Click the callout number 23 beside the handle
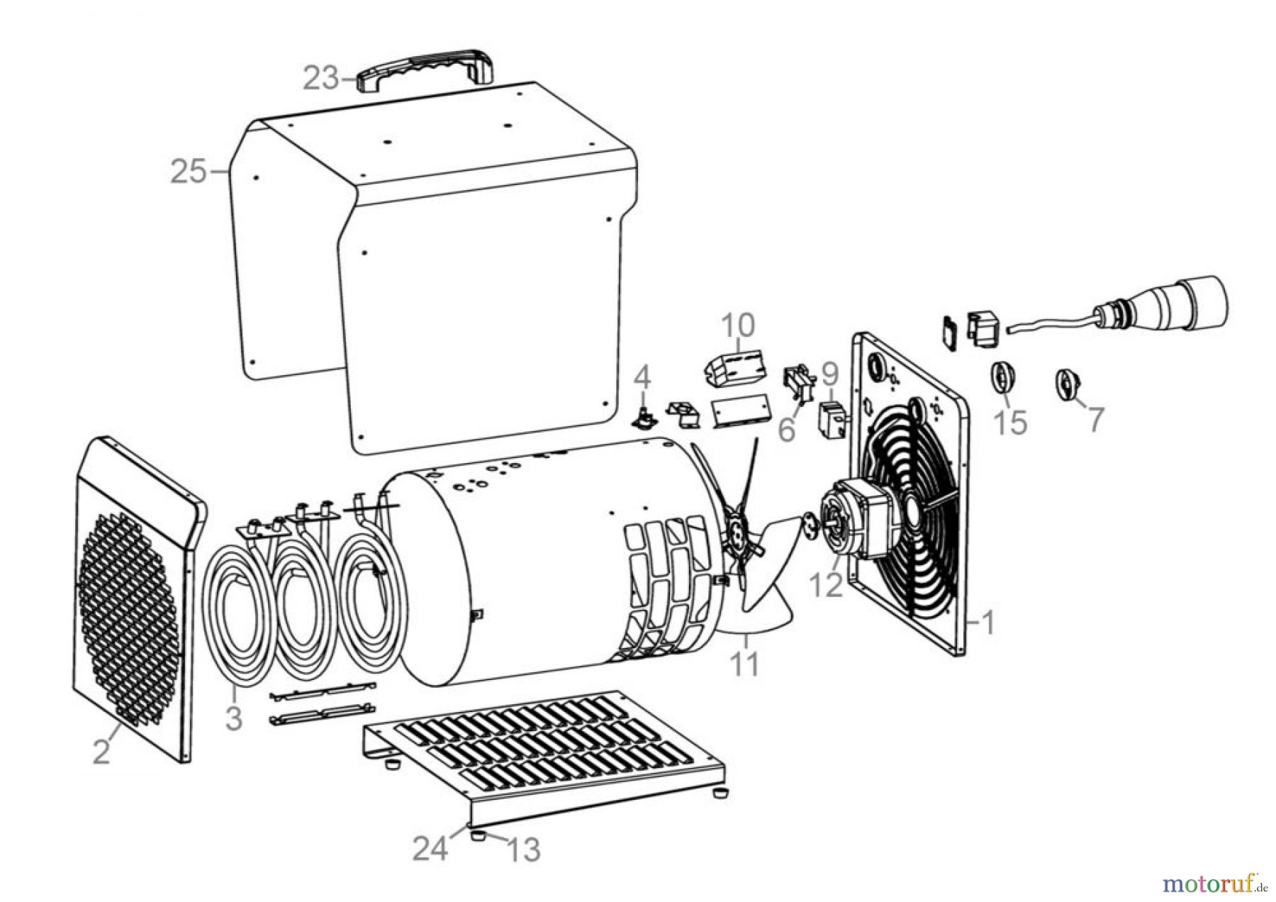pyautogui.click(x=322, y=78)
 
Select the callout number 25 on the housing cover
pyautogui.click(x=188, y=172)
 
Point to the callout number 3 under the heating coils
pyautogui.click(x=233, y=718)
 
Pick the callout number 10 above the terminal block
pyautogui.click(x=738, y=325)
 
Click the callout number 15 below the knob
pyautogui.click(x=1010, y=422)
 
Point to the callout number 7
pyautogui.click(x=1096, y=420)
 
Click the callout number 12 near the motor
pyautogui.click(x=826, y=585)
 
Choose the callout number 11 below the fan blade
pyautogui.click(x=744, y=664)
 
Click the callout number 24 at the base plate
pyautogui.click(x=432, y=847)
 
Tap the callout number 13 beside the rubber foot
pyautogui.click(x=523, y=849)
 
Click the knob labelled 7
pyautogui.click(x=1065, y=385)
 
